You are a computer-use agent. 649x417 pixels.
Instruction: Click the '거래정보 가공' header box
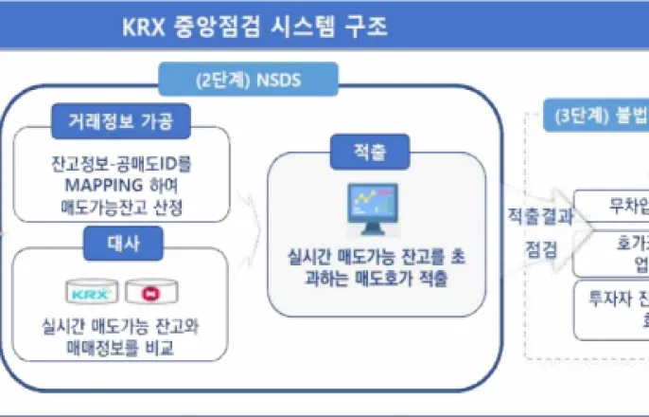(120, 120)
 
